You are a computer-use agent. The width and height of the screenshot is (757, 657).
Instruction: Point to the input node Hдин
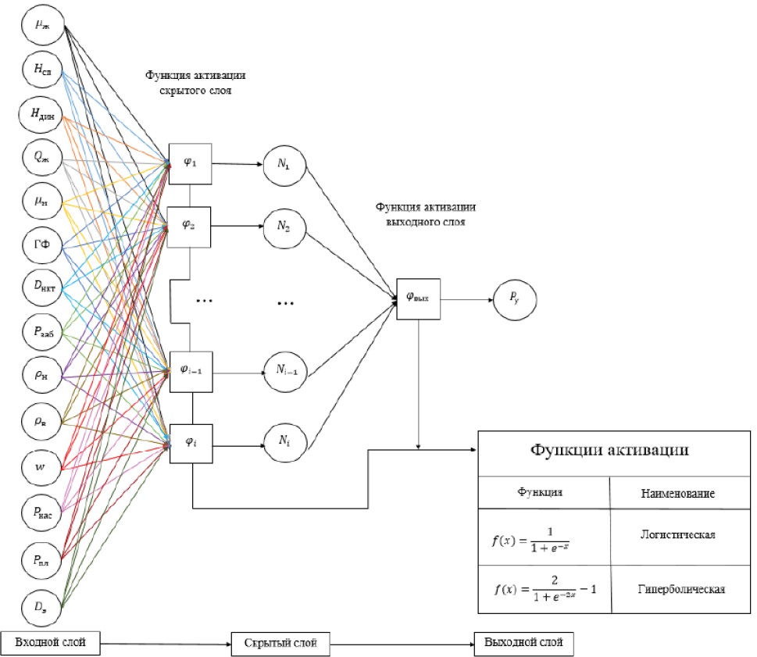[41, 114]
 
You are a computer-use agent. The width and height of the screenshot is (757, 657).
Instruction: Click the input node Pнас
[41, 512]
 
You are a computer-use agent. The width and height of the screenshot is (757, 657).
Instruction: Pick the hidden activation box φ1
[190, 163]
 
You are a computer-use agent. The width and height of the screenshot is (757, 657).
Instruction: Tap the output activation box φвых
[419, 298]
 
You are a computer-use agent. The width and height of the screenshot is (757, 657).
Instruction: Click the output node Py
[512, 298]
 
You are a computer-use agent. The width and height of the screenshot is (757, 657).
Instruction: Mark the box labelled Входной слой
[51, 642]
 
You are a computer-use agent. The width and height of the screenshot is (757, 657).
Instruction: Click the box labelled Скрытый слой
[278, 643]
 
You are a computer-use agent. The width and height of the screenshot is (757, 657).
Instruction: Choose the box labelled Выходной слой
[523, 643]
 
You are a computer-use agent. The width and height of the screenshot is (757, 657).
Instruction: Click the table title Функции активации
[609, 451]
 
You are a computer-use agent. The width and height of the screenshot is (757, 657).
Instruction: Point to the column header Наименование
[677, 494]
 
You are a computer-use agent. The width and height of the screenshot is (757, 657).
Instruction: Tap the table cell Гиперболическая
[677, 588]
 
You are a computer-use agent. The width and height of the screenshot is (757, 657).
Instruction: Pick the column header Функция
[541, 493]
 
